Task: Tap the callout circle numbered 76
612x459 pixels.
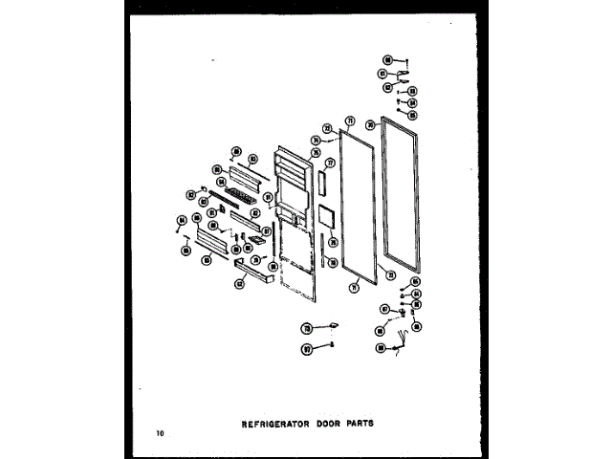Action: click(333, 242)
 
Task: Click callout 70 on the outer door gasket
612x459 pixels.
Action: click(370, 125)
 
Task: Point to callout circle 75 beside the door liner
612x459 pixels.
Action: click(316, 152)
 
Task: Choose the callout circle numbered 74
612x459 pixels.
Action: click(316, 140)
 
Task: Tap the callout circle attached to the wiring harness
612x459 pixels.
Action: click(381, 349)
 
